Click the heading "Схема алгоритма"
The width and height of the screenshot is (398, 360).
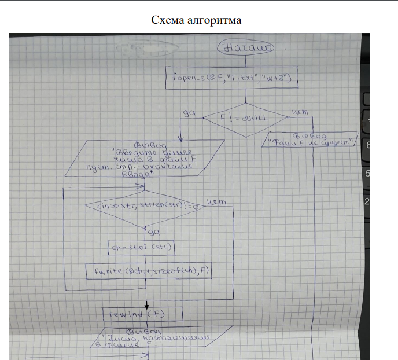[196, 20]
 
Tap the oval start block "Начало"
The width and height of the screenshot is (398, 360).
[246, 48]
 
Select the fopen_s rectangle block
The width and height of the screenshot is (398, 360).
[232, 77]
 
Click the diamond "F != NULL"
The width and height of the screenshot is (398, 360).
[246, 117]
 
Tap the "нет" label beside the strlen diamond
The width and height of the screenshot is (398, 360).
[216, 201]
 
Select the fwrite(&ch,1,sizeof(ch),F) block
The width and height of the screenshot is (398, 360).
[149, 270]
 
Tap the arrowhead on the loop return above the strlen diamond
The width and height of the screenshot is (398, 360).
[141, 187]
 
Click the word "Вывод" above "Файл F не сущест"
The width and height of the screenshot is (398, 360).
[312, 134]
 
